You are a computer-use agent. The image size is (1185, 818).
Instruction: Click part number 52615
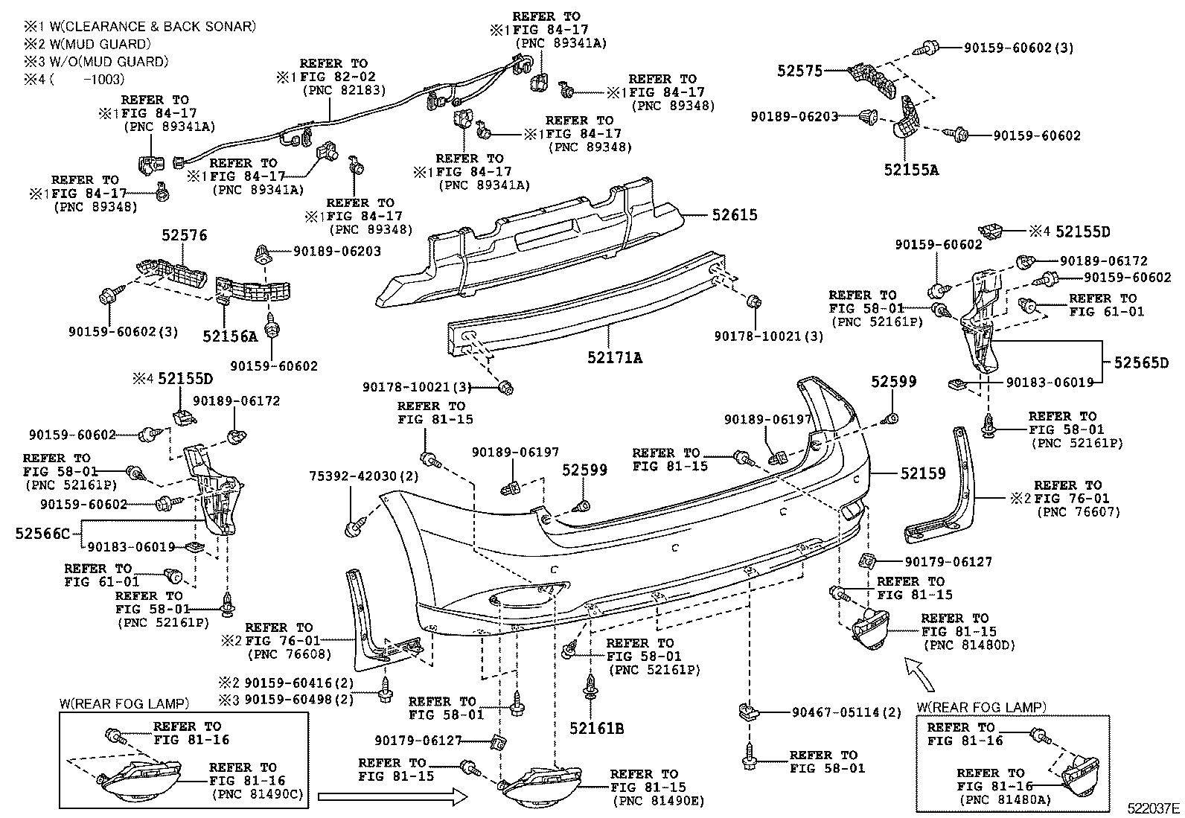(x=734, y=215)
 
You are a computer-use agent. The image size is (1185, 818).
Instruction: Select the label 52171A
(x=614, y=358)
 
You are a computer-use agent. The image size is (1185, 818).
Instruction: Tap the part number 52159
(x=922, y=473)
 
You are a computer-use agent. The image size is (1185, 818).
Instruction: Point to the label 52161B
(x=597, y=729)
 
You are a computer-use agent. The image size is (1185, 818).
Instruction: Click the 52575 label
(x=799, y=71)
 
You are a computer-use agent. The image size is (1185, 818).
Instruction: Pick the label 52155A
(x=911, y=170)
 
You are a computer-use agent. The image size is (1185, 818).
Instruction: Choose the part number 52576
(x=185, y=236)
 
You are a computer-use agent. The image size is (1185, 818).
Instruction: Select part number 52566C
(x=42, y=533)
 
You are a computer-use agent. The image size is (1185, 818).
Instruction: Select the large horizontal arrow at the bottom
(x=392, y=797)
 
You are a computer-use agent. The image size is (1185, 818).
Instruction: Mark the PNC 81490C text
(x=258, y=794)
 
